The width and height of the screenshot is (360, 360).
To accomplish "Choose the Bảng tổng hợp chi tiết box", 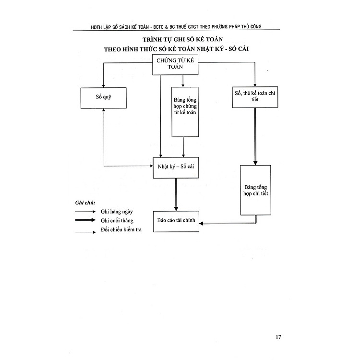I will tap(255, 189).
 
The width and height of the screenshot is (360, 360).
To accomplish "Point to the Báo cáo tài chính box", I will tap(176, 223).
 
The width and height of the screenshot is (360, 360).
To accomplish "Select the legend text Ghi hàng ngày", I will tap(118, 211).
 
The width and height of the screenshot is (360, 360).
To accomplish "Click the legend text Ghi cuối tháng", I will tap(118, 220).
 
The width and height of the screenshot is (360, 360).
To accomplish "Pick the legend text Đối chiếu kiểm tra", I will tap(121, 229).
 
